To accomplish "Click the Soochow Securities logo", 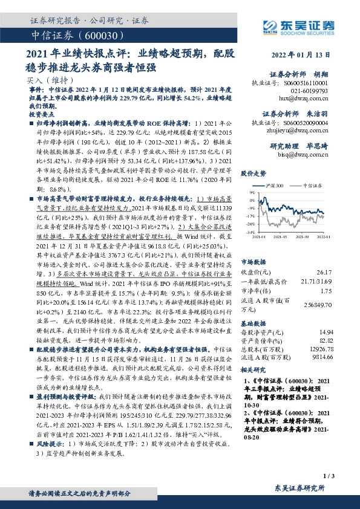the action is point(292,26).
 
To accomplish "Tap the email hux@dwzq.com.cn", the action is point(306,97).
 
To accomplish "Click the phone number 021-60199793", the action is point(309,89).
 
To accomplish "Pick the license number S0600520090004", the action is point(307,122).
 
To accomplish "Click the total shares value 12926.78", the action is point(319,349).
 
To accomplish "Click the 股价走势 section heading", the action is point(253,172).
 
